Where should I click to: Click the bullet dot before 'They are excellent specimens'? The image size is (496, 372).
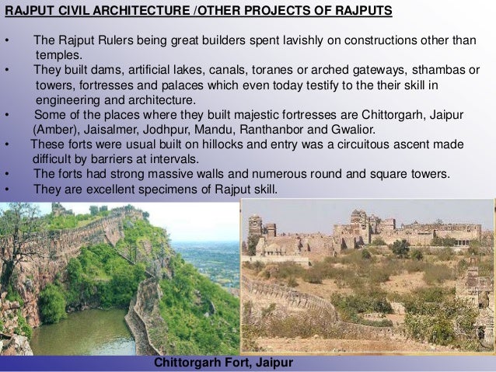coord(6,189)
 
